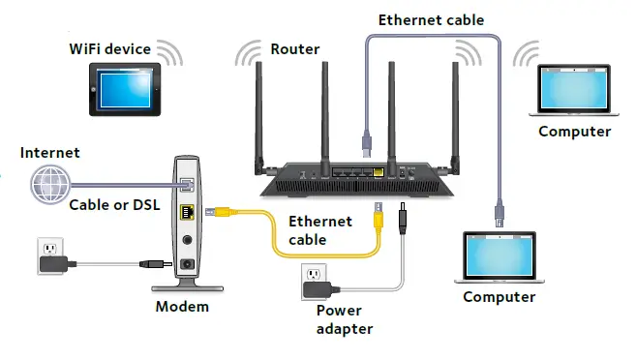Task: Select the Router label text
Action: tap(295, 48)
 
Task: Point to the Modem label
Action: tap(182, 307)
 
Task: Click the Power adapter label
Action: tap(344, 319)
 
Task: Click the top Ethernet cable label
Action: tap(431, 19)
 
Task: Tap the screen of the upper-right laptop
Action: tap(574, 87)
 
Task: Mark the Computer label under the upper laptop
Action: tap(574, 132)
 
